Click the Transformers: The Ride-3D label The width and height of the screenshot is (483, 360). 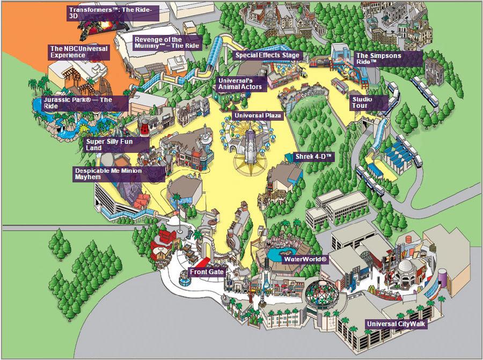click(113, 13)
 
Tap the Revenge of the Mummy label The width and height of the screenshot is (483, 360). click(167, 43)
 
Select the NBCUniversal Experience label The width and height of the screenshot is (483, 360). click(79, 52)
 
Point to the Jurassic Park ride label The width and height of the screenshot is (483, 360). click(85, 103)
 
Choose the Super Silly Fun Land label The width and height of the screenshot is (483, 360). click(116, 145)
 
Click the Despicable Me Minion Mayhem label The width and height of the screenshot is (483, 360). click(119, 174)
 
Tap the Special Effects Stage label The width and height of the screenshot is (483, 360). click(267, 55)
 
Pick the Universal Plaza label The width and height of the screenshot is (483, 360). click(258, 116)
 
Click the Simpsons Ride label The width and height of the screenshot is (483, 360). click(388, 59)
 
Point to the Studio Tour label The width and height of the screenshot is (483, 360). click(369, 103)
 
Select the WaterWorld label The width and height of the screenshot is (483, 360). click(305, 259)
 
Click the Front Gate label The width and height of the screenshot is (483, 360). click(207, 272)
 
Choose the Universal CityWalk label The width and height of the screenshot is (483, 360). click(396, 324)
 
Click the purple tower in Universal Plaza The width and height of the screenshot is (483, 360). click(250, 145)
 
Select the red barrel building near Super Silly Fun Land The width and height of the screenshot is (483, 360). click(144, 126)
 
